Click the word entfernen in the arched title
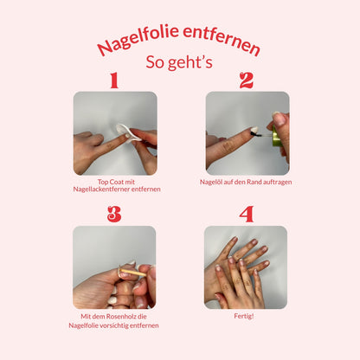[x=222, y=40]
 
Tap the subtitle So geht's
[x=179, y=62]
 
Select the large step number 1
[x=114, y=80]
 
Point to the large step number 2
[x=247, y=80]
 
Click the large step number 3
[x=114, y=214]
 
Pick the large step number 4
[x=247, y=214]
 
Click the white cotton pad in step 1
[x=127, y=132]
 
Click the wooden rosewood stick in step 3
[x=133, y=273]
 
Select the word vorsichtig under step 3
[x=115, y=325]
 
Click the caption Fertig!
[x=244, y=316]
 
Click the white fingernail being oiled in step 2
[x=254, y=129]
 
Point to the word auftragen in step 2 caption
[x=278, y=183]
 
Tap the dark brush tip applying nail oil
[x=254, y=133]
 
